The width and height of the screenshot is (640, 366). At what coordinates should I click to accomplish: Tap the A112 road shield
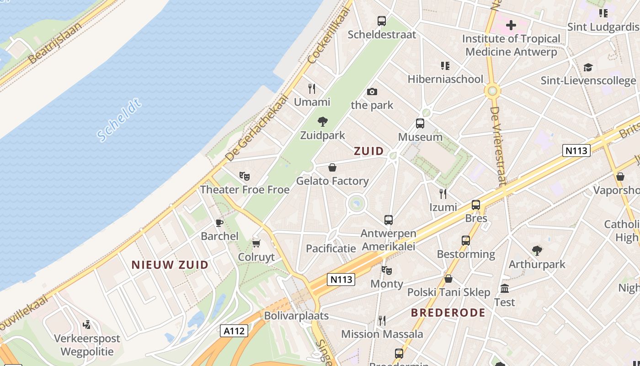coord(234,331)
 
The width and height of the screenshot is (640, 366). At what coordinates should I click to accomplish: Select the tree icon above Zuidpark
coord(323,122)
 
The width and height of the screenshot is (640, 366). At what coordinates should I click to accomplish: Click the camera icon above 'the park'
coord(372,91)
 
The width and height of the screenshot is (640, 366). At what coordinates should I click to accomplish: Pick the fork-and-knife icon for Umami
coord(312,88)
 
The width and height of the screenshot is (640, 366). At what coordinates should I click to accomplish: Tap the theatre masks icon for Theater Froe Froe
coord(245,176)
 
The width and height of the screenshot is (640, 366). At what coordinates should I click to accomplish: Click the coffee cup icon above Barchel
coord(219,223)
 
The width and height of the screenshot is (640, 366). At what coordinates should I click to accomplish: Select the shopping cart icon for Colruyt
coord(256,243)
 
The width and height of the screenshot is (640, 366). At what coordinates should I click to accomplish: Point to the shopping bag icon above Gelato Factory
coord(332,167)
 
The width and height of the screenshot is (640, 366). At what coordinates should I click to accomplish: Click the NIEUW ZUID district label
coord(170,264)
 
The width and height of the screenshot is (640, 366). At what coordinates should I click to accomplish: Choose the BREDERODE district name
coord(448,313)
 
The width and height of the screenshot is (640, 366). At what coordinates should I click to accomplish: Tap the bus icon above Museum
coord(420,123)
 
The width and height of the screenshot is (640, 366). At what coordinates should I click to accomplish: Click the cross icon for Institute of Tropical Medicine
coord(511,25)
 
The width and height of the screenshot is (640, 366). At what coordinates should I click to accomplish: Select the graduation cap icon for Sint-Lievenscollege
coord(588,67)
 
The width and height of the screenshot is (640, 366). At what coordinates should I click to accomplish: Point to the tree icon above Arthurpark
coord(537,250)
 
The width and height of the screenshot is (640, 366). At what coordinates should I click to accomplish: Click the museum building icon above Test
coord(505,288)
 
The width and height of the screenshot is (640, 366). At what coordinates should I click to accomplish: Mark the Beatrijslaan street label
coord(55,43)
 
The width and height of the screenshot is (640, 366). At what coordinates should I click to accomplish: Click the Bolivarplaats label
coord(296,316)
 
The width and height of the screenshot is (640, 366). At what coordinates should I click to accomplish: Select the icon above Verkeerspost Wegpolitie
coord(87,325)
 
